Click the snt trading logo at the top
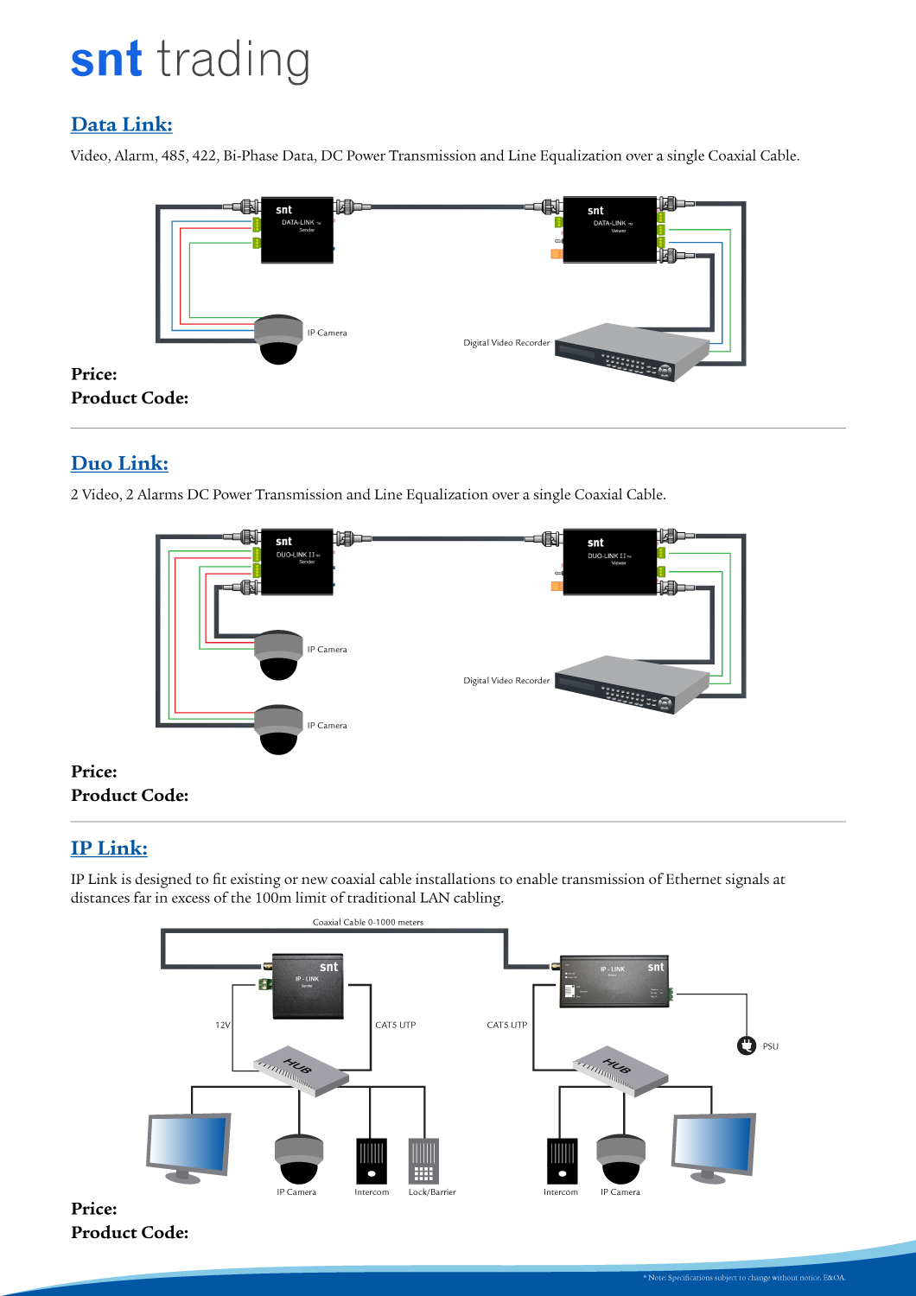[190, 60]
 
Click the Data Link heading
[122, 124]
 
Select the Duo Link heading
[119, 463]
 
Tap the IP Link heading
[109, 848]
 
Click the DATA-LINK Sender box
[296, 229]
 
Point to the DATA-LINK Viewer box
[609, 229]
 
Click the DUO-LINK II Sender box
[296, 562]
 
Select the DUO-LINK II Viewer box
[609, 562]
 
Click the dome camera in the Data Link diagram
[278, 340]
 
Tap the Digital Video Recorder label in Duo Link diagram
[506, 681]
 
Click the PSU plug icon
[747, 1046]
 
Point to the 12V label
[222, 1026]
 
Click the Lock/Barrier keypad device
[423, 1161]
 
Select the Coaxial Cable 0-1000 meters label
[368, 923]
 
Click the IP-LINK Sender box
[309, 987]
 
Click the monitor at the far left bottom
[188, 1147]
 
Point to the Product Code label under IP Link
[130, 1233]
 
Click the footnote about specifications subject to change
[744, 1278]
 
